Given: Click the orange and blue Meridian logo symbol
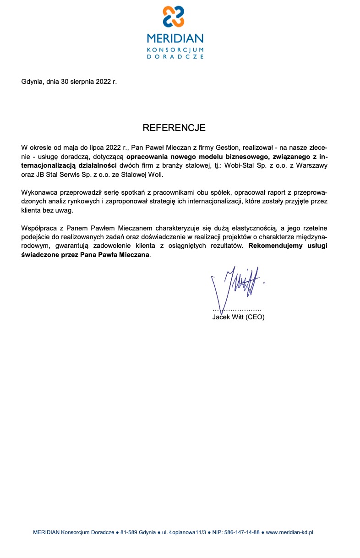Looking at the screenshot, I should (x=174, y=16).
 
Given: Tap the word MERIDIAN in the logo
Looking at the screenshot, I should (x=175, y=38).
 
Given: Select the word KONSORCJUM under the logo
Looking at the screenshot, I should (x=175, y=49).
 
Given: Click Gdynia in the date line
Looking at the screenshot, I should (x=32, y=82).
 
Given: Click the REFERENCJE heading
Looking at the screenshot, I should (x=174, y=127).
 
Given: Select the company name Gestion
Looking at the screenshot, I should (x=223, y=148).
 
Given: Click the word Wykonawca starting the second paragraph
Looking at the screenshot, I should (x=39, y=192).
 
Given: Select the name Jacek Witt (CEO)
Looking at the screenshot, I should (x=238, y=317).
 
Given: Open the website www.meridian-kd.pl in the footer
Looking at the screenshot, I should (x=289, y=532).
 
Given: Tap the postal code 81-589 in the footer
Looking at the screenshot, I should (x=130, y=532).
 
